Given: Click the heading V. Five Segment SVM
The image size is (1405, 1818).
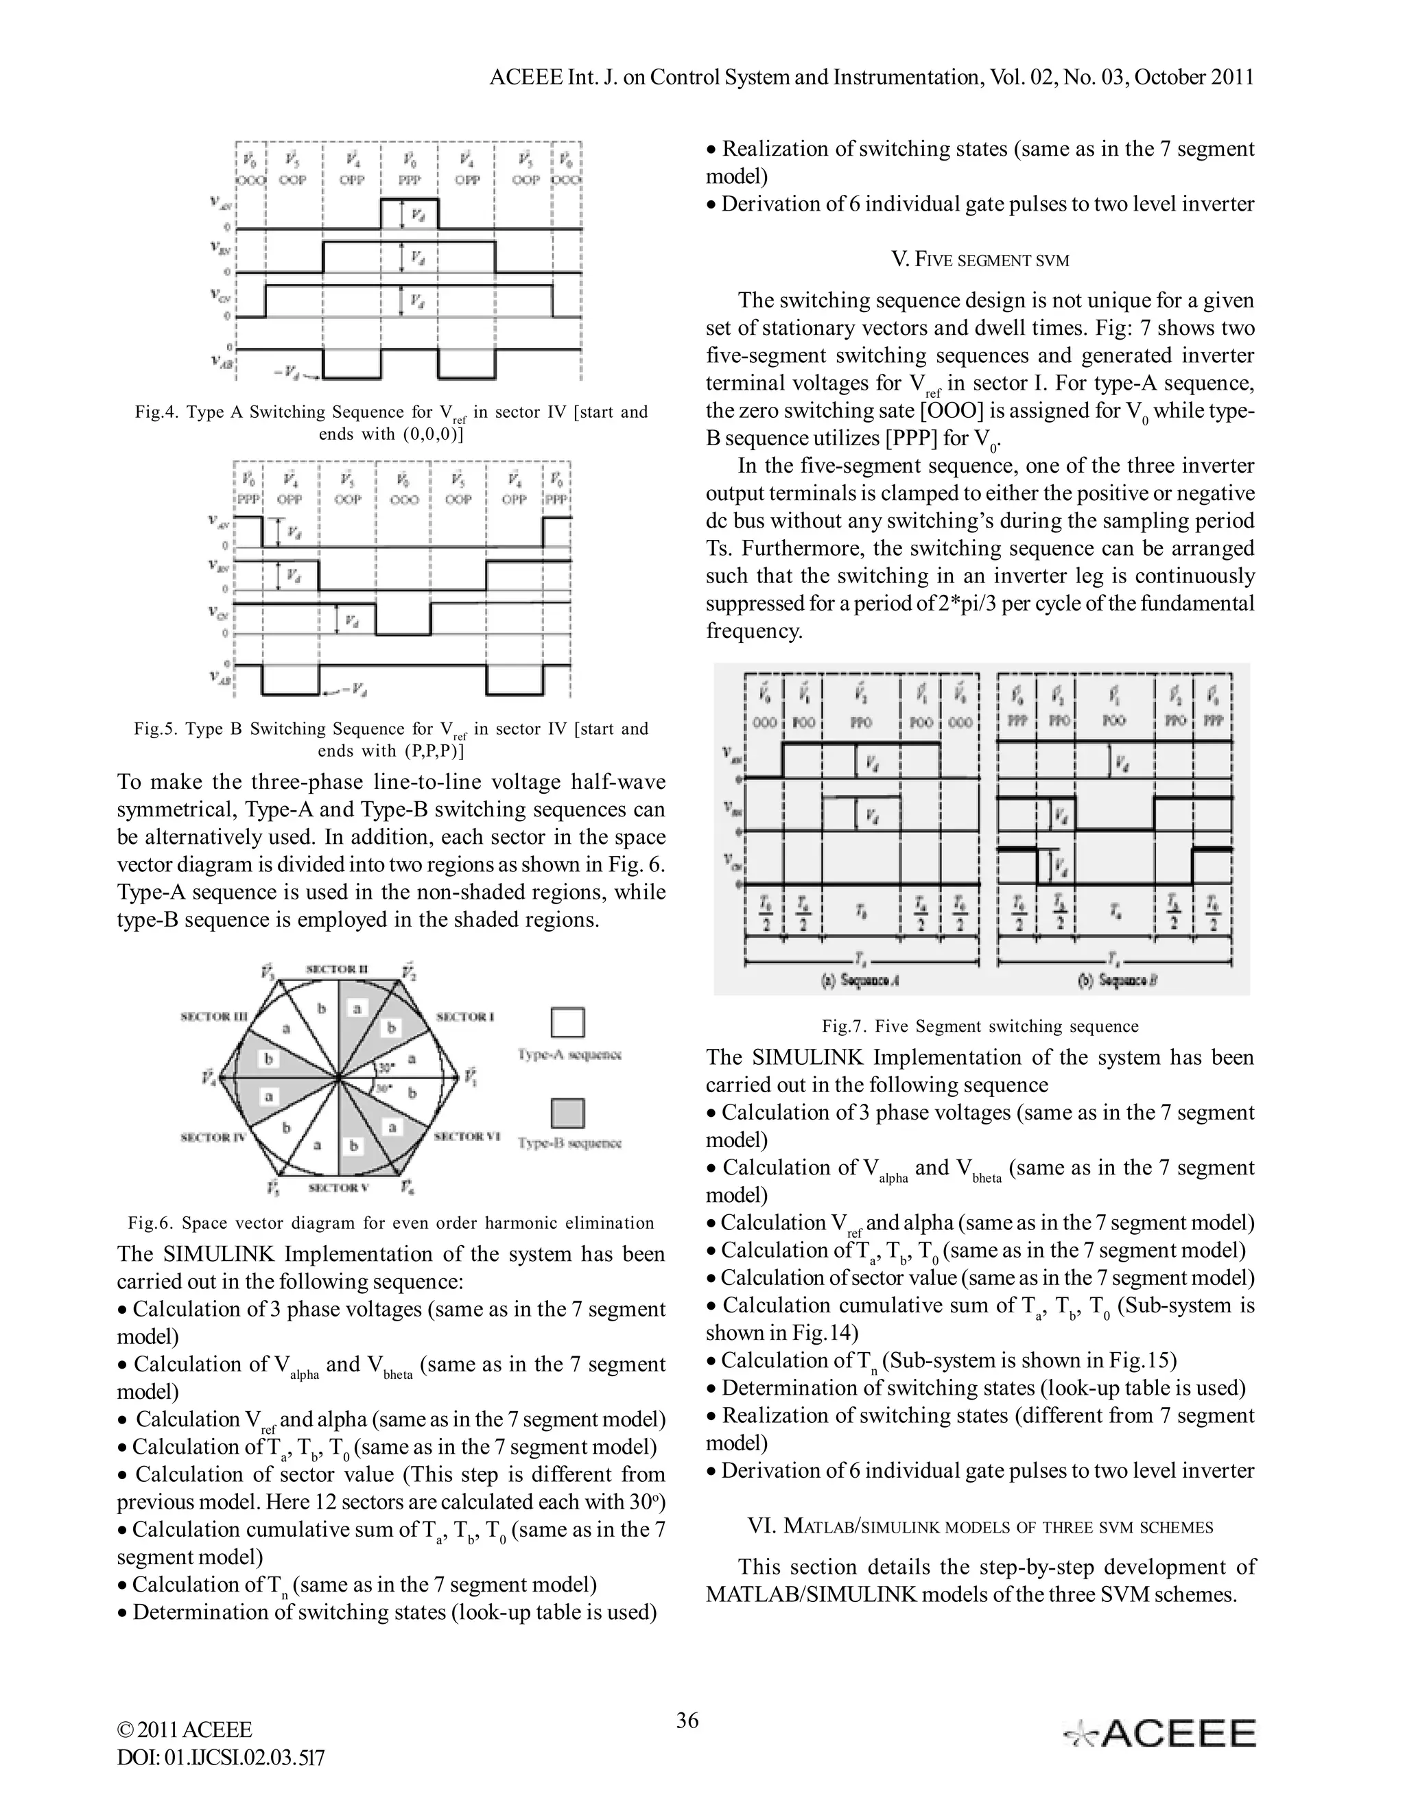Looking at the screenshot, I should (980, 260).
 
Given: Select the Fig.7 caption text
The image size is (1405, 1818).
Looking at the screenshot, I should (980, 1026).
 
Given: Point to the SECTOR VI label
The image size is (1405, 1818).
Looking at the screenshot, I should (465, 1135).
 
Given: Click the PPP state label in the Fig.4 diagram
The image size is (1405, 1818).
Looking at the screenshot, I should (410, 180).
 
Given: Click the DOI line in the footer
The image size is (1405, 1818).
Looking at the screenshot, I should (221, 1757).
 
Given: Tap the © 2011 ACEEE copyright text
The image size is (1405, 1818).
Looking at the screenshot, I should (185, 1730).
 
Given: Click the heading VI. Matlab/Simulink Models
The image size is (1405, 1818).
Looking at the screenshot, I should (980, 1526).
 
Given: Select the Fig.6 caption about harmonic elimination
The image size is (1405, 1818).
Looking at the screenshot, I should (391, 1223).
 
